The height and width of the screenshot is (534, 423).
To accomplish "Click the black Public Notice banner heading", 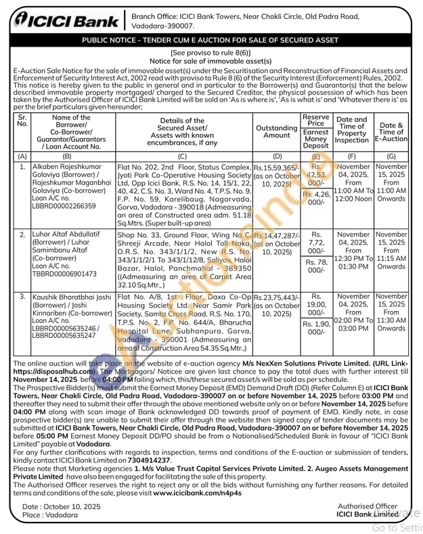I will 210,41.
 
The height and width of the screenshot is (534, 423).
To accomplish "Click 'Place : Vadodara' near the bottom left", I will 51,515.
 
